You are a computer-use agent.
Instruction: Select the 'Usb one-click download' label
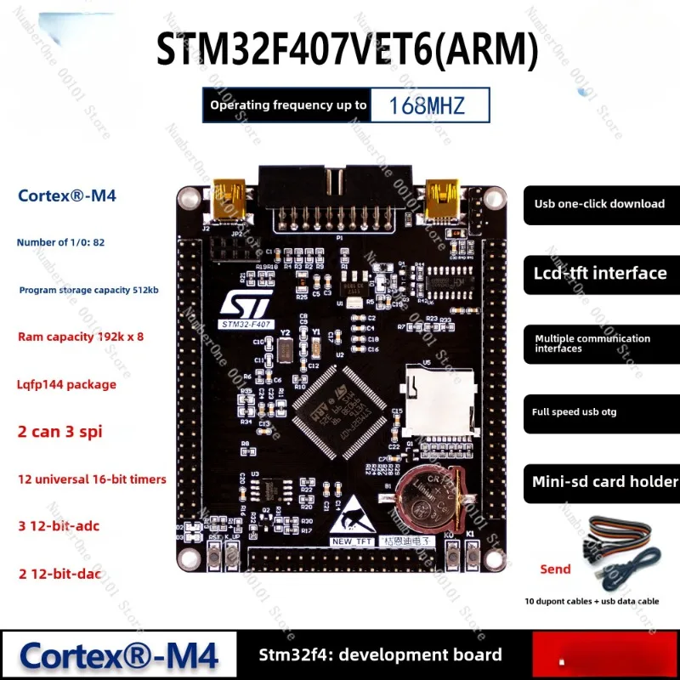click(x=599, y=204)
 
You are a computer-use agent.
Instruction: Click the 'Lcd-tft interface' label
click(x=600, y=273)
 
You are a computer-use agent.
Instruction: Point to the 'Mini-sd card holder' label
click(x=604, y=481)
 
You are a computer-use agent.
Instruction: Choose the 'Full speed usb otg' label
click(x=575, y=412)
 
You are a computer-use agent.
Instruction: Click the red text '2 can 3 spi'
click(x=59, y=431)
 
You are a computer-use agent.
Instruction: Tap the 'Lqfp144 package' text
click(x=67, y=384)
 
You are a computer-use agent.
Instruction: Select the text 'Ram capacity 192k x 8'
click(x=81, y=337)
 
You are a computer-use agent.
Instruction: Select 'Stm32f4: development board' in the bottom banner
click(x=380, y=654)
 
